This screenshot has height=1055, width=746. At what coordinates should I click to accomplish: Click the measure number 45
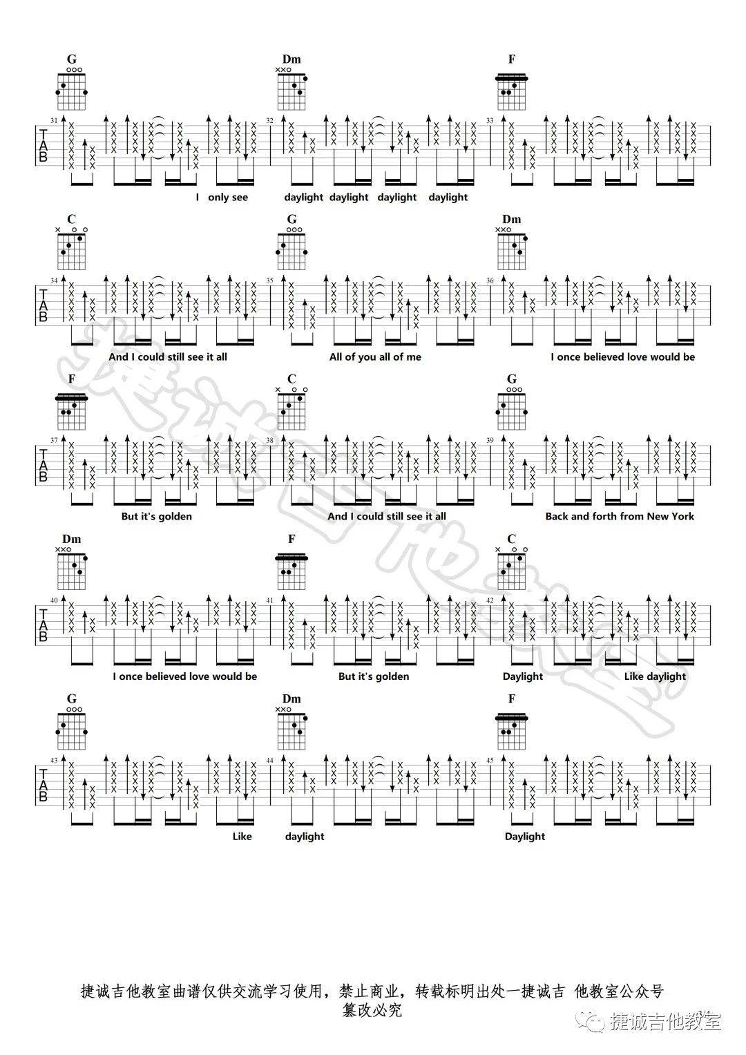pos(490,760)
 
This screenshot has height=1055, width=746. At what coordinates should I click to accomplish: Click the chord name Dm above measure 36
pos(512,219)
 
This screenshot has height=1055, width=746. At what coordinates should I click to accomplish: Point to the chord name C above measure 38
pos(291,379)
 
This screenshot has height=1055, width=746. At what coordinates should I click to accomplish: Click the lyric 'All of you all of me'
pos(375,357)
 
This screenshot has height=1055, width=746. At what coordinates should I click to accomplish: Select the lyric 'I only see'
pos(222,198)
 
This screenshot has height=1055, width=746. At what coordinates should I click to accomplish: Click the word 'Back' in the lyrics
pos(557,516)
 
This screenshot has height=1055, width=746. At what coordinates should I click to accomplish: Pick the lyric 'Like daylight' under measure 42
pos(655,676)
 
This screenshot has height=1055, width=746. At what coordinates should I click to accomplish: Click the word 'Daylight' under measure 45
pos(525,837)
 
